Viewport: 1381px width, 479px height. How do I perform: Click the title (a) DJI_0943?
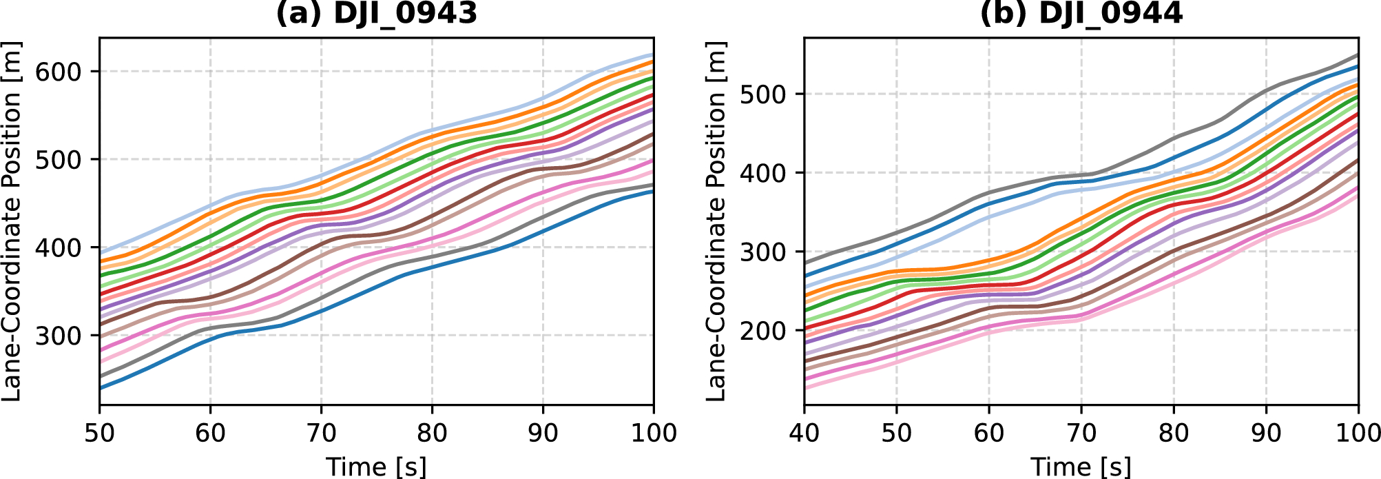click(x=376, y=12)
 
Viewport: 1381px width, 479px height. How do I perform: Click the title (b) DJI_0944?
click(x=1081, y=12)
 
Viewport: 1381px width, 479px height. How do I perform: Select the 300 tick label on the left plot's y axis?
click(x=63, y=336)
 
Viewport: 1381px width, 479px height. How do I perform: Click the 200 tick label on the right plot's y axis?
click(x=767, y=331)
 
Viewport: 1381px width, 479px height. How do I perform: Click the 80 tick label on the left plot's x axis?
click(x=432, y=433)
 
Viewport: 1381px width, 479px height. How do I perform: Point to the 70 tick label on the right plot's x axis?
click(x=1081, y=433)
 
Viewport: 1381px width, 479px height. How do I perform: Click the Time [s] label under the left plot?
click(x=376, y=466)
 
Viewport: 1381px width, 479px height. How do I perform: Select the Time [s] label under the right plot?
click(x=1081, y=466)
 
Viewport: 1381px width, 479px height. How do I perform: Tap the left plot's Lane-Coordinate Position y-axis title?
click(x=12, y=221)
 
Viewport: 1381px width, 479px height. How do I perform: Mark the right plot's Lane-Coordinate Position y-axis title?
click(x=717, y=221)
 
